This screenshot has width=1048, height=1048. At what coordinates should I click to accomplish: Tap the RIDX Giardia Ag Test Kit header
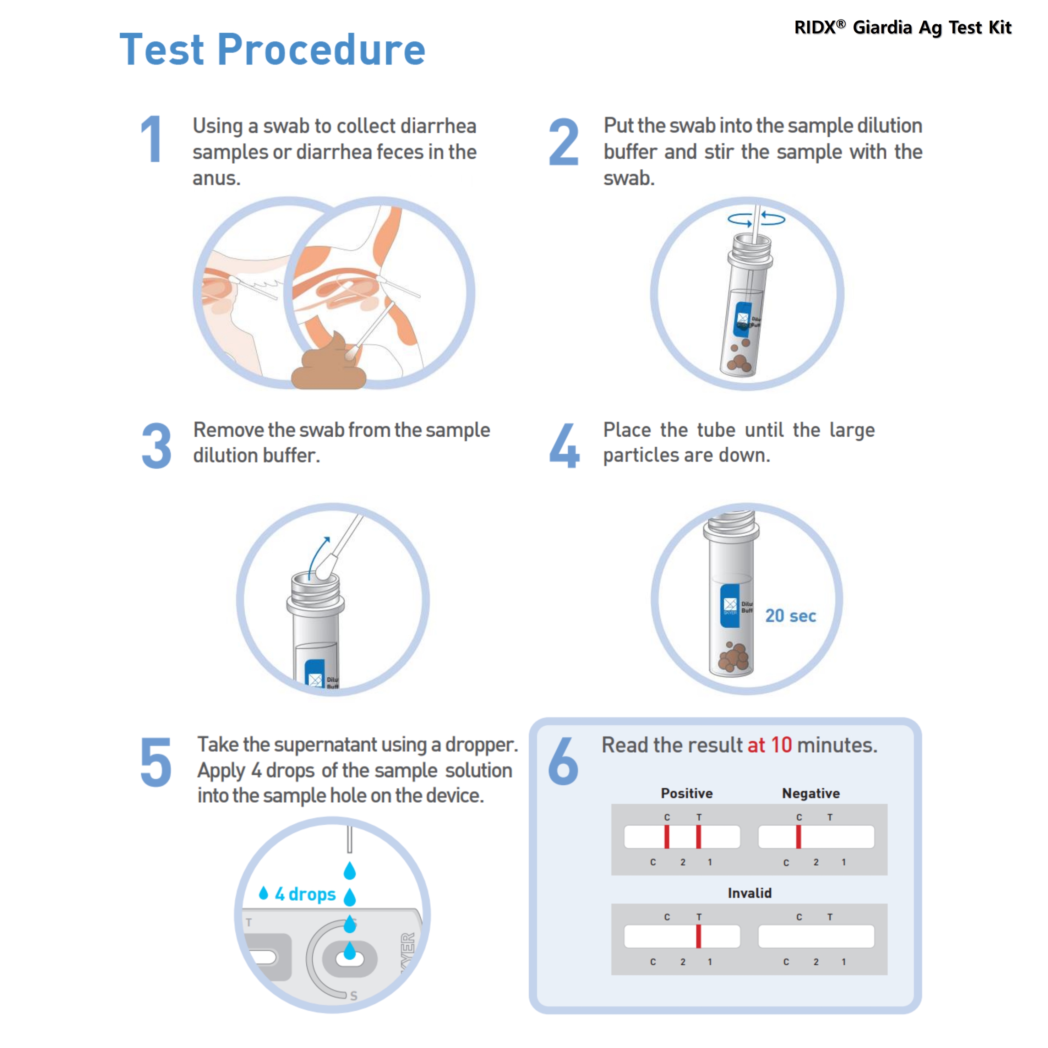[x=903, y=27]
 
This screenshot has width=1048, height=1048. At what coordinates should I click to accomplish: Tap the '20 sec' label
[x=790, y=616]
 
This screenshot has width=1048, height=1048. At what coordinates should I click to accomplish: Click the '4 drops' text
[x=305, y=894]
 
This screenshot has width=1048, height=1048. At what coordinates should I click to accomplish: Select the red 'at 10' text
[x=770, y=745]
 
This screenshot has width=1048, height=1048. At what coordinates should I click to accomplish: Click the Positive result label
[x=687, y=793]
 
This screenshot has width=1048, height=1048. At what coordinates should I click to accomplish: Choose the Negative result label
[x=811, y=793]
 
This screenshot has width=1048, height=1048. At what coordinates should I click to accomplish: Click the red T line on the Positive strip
[x=699, y=836]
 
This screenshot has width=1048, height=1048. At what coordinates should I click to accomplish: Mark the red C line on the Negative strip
[x=798, y=836]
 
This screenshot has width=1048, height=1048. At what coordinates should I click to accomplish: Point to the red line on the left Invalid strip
[x=699, y=936]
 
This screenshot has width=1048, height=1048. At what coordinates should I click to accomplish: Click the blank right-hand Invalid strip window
[x=816, y=936]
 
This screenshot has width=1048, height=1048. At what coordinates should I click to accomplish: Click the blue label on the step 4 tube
[x=730, y=606]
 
